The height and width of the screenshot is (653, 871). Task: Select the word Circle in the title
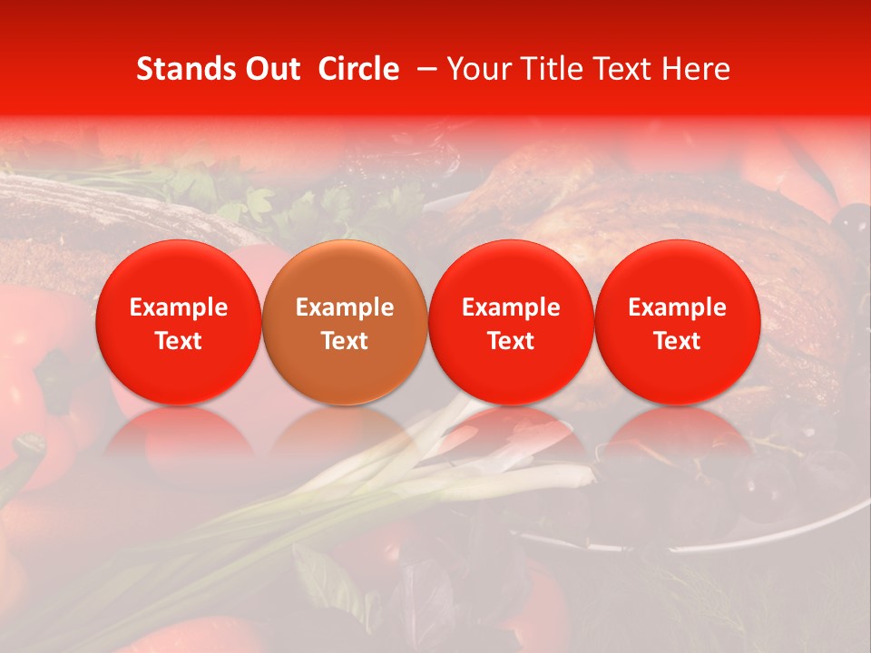pyautogui.click(x=357, y=69)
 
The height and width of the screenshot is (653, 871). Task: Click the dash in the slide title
pyautogui.click(x=424, y=69)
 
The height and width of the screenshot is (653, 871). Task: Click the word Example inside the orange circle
pyautogui.click(x=345, y=307)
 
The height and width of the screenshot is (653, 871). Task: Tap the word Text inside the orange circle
pyautogui.click(x=345, y=341)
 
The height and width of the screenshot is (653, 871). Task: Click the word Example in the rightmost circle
pyautogui.click(x=677, y=307)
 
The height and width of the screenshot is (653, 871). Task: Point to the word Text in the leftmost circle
pyautogui.click(x=179, y=341)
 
